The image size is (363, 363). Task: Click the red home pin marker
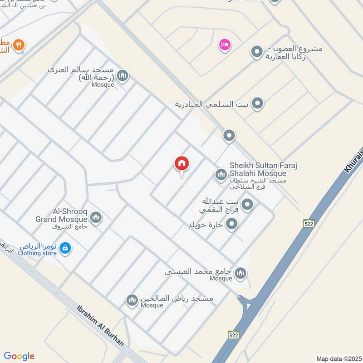coord(182,163)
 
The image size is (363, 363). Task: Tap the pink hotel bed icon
coord(225,44)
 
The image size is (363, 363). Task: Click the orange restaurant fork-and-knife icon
coord(18,44)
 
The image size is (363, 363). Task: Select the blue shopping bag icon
coord(65,248)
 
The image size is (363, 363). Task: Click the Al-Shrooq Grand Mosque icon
coord(96,218)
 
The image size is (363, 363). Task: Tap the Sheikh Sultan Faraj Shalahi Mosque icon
coord(221,174)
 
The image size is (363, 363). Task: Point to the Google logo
coord(19,356)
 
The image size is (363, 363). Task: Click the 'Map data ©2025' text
coord(338,358)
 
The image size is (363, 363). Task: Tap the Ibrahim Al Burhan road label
coord(100,325)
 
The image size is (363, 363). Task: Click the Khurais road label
coord(353,161)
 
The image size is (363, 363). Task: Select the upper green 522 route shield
coord(309,223)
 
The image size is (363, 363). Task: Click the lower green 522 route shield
coord(234,335)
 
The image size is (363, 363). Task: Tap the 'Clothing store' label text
coord(37,253)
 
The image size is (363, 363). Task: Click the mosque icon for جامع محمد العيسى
coord(240,273)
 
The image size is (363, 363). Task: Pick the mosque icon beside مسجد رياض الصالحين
coord(132,300)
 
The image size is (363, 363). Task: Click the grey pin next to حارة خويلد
coord(232,224)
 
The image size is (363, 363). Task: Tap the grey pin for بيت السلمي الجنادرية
coord(258,104)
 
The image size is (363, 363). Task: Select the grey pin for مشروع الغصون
coord(257,52)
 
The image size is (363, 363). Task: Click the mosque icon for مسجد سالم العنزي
coord(122,76)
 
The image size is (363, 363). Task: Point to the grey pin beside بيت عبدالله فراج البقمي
coord(247,205)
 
